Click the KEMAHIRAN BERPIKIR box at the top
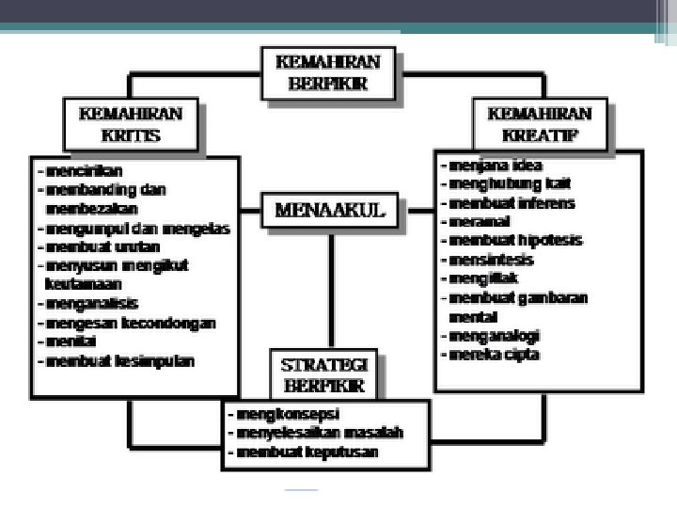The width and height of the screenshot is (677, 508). coord(327,72)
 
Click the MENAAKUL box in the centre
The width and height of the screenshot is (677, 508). coord(329,210)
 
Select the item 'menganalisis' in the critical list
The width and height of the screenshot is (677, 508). coord(91,303)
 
